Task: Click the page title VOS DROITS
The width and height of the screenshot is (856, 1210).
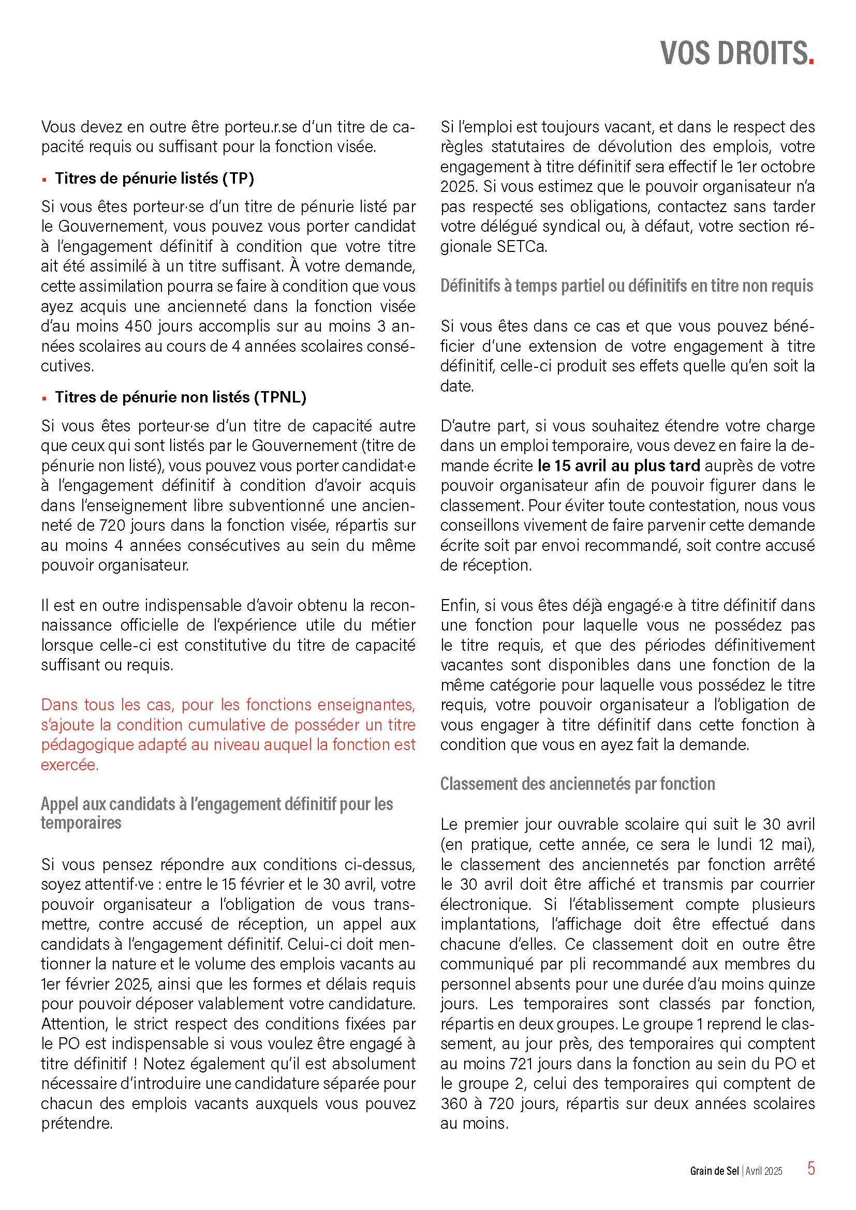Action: (736, 53)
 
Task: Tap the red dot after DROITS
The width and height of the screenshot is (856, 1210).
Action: (811, 63)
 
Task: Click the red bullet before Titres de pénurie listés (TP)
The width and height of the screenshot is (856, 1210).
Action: (45, 180)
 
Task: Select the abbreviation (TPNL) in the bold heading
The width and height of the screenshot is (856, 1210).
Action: (280, 397)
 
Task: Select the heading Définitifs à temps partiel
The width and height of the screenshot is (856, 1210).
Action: (627, 286)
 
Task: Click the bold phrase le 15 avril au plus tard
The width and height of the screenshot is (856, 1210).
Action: (619, 466)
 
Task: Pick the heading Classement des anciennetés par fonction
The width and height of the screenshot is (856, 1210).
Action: (578, 784)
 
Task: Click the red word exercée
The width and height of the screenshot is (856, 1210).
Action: (69, 765)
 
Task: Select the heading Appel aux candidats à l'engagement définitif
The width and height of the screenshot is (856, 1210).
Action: (217, 804)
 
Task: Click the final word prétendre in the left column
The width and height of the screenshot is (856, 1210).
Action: (77, 1124)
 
